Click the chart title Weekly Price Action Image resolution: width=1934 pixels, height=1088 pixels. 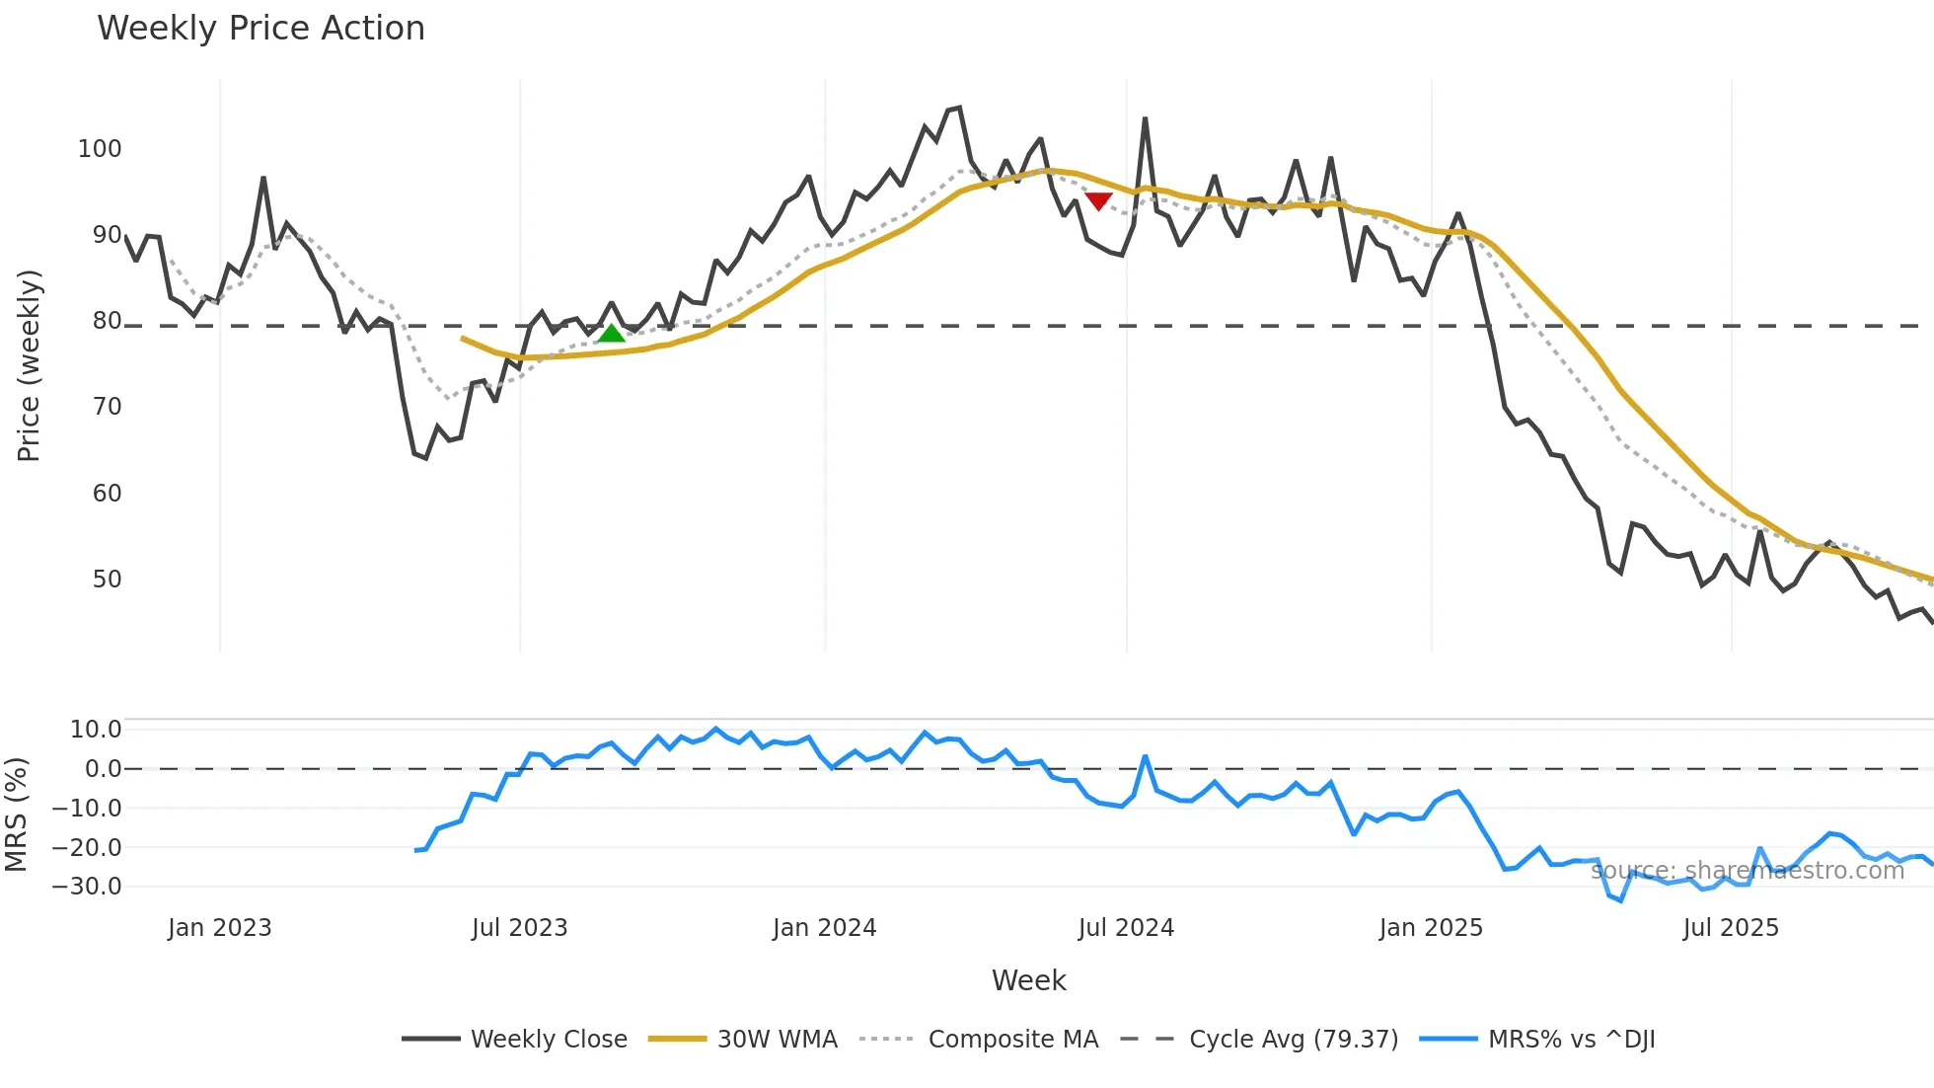pyautogui.click(x=260, y=29)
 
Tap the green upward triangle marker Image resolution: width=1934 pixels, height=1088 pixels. pyautogui.click(x=612, y=334)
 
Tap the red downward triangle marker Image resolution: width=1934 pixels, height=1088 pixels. pyautogui.click(x=1098, y=201)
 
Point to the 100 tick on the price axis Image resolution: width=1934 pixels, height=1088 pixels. pyautogui.click(x=100, y=149)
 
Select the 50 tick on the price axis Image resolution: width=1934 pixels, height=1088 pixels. pyautogui.click(x=107, y=580)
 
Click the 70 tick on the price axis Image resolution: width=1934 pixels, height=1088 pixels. pyautogui.click(x=107, y=407)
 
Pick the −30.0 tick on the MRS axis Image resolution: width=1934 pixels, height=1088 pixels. pyautogui.click(x=87, y=887)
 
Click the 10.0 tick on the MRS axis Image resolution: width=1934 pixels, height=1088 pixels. pyautogui.click(x=96, y=730)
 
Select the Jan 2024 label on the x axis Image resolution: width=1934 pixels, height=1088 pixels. pyautogui.click(x=824, y=928)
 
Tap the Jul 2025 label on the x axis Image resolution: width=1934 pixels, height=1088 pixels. pyautogui.click(x=1731, y=928)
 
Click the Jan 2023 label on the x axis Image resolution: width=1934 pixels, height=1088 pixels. pyautogui.click(x=219, y=928)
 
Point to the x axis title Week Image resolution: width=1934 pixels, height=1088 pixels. pyautogui.click(x=1028, y=980)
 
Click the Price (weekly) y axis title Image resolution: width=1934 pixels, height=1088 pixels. pyautogui.click(x=29, y=365)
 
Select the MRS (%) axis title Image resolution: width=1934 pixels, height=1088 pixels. pyautogui.click(x=16, y=815)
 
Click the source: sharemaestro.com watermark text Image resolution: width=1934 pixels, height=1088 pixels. pyautogui.click(x=1747, y=871)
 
